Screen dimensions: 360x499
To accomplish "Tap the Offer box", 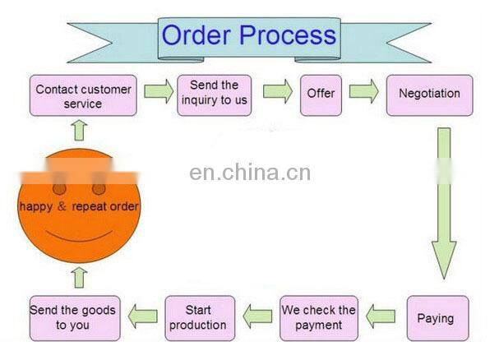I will click(x=321, y=94).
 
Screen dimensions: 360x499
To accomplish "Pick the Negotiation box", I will click(x=430, y=94).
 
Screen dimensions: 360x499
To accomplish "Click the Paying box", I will click(x=435, y=318).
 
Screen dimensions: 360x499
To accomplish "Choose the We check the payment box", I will click(x=318, y=318).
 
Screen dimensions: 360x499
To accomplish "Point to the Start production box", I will click(x=200, y=318).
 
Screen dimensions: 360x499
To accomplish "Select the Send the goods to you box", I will click(x=72, y=318).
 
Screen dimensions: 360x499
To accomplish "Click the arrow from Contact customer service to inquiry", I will click(x=157, y=91).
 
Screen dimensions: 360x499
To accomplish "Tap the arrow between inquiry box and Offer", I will click(x=277, y=91).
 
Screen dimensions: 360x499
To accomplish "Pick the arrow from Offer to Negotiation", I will click(x=363, y=91).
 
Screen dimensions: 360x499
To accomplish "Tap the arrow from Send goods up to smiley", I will click(x=79, y=277).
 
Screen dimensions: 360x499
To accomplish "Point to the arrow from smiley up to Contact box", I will click(x=79, y=130).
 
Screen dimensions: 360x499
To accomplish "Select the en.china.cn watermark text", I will click(x=250, y=173).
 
